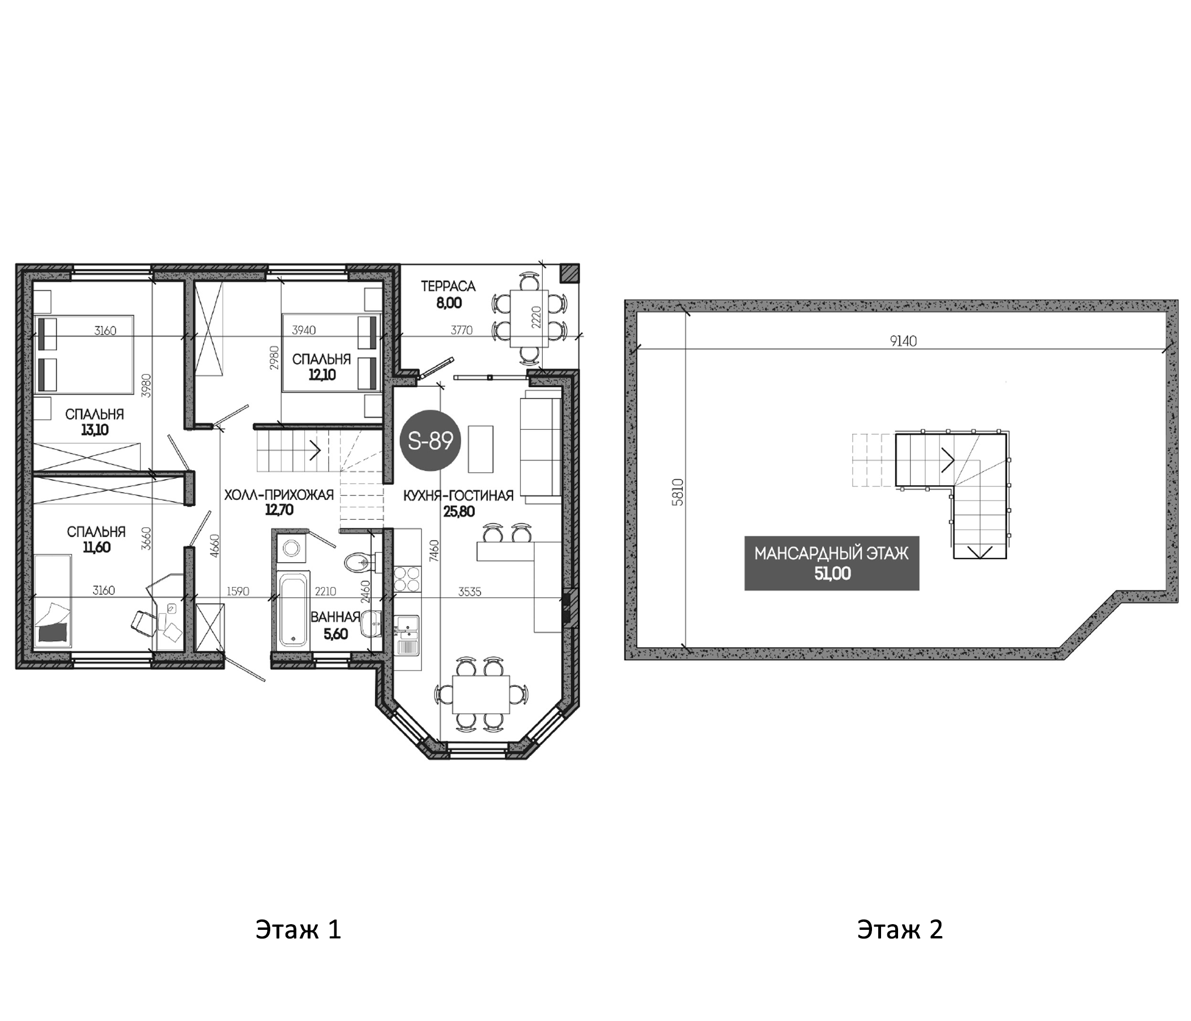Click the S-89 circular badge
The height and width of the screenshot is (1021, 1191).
[431, 441]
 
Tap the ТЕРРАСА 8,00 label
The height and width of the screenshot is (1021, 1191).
[448, 293]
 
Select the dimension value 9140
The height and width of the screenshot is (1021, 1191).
[903, 341]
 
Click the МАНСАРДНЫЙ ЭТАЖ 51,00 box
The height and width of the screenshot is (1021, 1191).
[831, 563]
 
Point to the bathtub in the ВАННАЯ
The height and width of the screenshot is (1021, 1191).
[293, 610]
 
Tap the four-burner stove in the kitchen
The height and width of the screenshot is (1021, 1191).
[407, 579]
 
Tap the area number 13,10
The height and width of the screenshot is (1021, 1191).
[95, 430]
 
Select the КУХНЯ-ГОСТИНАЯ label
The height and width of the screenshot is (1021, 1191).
[458, 496]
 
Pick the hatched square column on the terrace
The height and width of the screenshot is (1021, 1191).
[569, 273]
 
